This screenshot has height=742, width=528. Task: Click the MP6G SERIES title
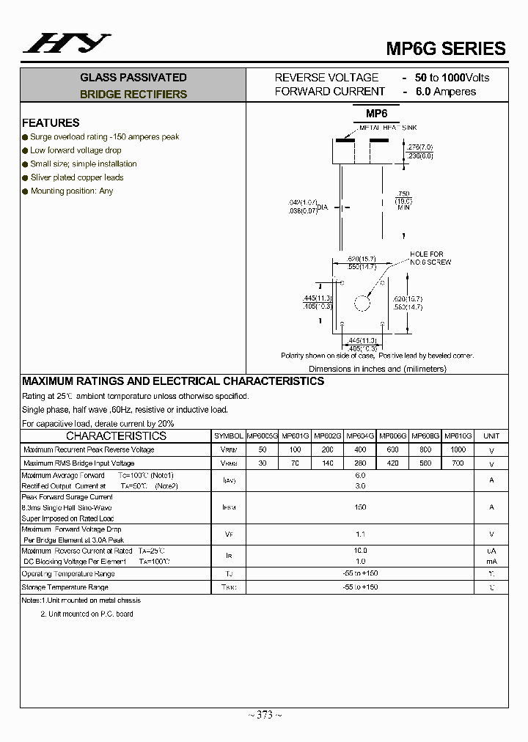click(x=446, y=48)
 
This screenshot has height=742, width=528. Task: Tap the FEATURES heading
click(x=51, y=122)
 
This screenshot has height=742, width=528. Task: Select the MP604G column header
click(x=361, y=436)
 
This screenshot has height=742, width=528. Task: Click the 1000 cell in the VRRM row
click(x=458, y=449)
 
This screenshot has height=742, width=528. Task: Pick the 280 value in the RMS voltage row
click(x=361, y=463)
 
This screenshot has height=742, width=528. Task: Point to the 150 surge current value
click(x=360, y=507)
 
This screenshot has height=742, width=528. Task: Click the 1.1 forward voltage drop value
click(x=360, y=535)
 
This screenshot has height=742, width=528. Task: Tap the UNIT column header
click(x=491, y=436)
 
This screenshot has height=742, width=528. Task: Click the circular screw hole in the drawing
click(x=362, y=302)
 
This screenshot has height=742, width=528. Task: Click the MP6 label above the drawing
click(x=376, y=113)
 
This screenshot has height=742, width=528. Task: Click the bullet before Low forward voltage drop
click(x=25, y=150)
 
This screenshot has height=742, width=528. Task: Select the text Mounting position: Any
click(x=72, y=191)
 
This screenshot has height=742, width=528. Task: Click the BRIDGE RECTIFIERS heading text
click(x=133, y=94)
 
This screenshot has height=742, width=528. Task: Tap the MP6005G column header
click(x=262, y=436)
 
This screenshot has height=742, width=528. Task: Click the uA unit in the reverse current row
click(x=491, y=551)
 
